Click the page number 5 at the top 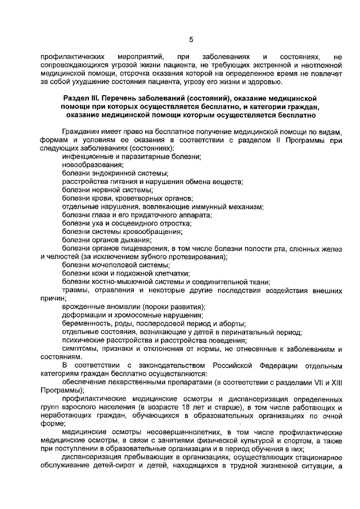point(191,39)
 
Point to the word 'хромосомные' point(130,315)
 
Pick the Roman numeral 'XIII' point(336,382)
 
